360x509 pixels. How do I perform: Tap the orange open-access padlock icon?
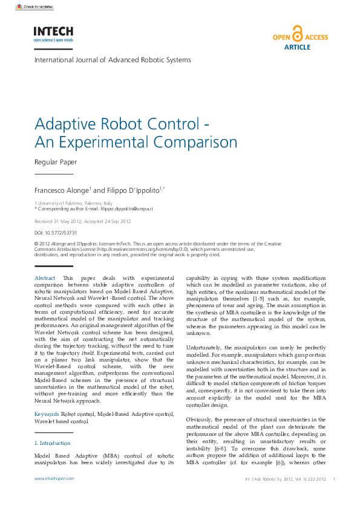[297, 33]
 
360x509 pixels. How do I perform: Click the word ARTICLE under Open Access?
[297, 47]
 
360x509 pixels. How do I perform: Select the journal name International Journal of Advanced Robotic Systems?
[113, 60]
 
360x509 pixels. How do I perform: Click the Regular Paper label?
[55, 162]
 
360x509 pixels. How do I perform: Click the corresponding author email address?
[128, 209]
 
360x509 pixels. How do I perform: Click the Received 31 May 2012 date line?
[82, 221]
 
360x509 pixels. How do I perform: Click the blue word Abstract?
[45, 277]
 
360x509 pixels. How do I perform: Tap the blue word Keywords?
[47, 414]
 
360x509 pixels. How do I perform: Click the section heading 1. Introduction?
[52, 443]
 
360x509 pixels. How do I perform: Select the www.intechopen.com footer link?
[54, 478]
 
